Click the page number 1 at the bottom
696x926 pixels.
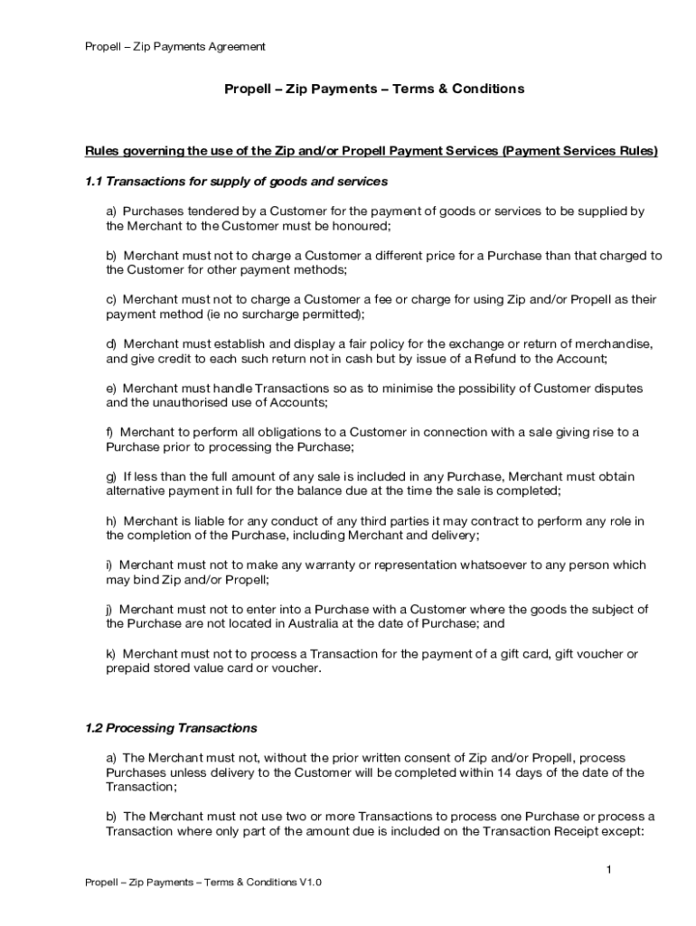[x=609, y=869]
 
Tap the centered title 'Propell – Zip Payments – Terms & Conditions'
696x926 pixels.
[x=374, y=89]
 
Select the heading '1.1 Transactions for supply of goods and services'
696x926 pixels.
[x=236, y=182]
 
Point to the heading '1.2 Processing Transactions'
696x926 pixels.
[x=171, y=728]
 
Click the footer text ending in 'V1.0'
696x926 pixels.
[x=202, y=883]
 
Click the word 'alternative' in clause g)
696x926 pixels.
[x=138, y=491]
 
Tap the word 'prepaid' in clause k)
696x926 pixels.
[x=129, y=668]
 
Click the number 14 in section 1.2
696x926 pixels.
[x=541, y=772]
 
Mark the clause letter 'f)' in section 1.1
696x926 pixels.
[x=111, y=432]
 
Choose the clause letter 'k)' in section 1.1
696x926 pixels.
[x=112, y=654]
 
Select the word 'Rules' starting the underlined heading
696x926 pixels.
[x=102, y=151]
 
